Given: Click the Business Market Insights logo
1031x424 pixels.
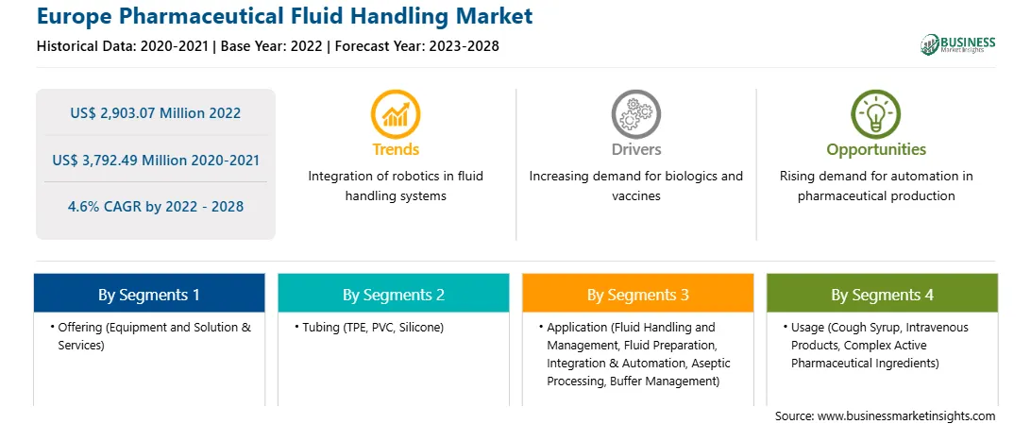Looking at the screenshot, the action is [958, 44].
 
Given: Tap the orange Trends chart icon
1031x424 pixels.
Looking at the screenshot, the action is [396, 113].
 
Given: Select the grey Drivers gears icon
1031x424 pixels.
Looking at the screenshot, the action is [635, 113].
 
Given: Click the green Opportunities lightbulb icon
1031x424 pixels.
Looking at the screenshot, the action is [876, 113].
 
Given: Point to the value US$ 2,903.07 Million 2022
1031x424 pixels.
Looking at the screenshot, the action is [155, 113].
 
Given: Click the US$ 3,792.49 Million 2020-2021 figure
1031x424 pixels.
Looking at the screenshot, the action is [155, 160].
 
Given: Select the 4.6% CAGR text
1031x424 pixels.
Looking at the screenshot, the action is [155, 207].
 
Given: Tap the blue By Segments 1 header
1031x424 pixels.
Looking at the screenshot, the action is [149, 295].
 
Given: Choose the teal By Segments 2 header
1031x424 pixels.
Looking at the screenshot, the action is [393, 295].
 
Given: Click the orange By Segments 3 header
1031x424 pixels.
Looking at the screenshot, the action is [638, 295].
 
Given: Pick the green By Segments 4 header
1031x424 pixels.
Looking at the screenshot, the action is [883, 295].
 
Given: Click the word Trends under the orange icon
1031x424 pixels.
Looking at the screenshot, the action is [396, 150].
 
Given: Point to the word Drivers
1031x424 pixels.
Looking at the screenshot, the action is [635, 150].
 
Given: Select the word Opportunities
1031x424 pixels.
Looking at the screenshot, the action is [876, 150].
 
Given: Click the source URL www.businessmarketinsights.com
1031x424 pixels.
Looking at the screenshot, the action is [906, 416].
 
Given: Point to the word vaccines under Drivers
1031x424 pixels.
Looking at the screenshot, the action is [635, 195].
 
